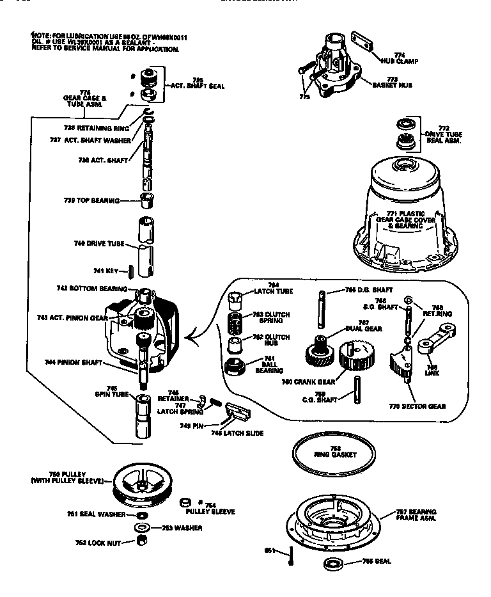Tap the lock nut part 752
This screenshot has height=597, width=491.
(x=143, y=541)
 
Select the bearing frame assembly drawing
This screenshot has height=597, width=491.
(x=333, y=520)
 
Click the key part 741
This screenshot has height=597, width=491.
(x=130, y=271)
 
